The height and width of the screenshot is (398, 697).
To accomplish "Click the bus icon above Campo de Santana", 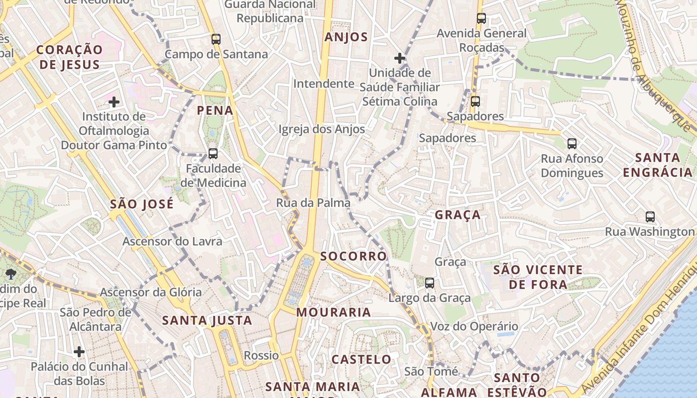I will coord(216,39).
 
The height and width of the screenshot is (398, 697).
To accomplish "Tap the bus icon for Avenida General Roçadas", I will coord(481,18).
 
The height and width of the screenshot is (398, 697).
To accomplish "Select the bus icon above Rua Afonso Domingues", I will coord(572,144).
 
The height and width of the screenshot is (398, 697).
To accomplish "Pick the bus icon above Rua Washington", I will coord(650,217).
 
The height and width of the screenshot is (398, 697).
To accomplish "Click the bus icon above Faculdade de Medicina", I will coord(213,154).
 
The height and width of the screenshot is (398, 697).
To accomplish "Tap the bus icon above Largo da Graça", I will coord(429,283).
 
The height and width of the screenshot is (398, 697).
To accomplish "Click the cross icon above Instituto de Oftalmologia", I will coord(114,102).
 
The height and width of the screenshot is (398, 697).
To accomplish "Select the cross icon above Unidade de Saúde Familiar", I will coord(399,58).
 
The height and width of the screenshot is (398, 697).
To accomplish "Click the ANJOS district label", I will coord(346,37).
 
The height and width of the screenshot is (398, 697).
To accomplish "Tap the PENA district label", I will coord(215,110).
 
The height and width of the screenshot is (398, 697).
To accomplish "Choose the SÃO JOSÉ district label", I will coord(142,204).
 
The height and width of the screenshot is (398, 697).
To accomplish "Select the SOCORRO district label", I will coord(353,256).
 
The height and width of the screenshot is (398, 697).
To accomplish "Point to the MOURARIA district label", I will coord(334,312).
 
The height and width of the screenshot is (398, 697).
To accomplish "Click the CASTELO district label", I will coord(361,359).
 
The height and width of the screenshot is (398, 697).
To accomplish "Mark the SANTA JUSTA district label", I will coord(207,321).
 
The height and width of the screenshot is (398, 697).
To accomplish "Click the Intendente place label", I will coord(324,84).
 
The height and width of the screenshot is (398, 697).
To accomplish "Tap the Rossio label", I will coord(261,356).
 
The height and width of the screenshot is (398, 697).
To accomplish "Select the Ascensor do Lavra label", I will coord(172,241).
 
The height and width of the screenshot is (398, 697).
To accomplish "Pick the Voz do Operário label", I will coord(467,327).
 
